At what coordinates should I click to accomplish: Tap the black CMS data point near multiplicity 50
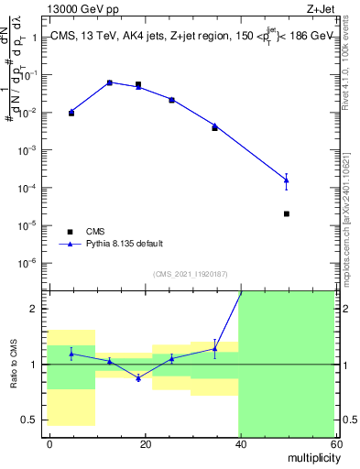(287, 213)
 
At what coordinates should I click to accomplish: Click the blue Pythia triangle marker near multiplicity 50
(287, 180)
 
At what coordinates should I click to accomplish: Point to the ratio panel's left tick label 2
(34, 309)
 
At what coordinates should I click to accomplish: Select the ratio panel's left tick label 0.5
(29, 420)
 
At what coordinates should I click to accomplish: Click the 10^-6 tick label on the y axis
(27, 263)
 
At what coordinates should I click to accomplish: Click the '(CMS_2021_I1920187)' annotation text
(191, 274)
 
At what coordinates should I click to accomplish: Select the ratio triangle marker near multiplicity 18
(138, 377)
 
